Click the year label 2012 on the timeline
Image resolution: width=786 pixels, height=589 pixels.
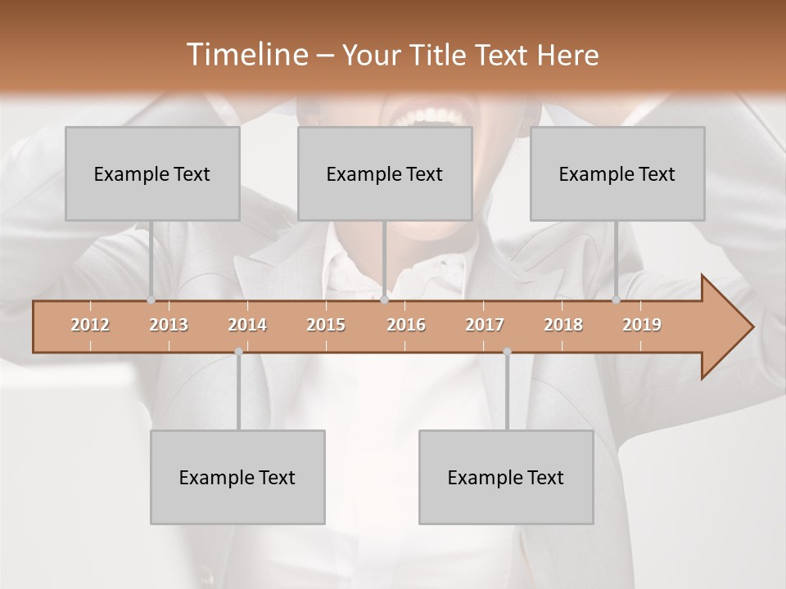tap(90, 325)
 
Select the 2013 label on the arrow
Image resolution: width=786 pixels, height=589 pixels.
tap(169, 325)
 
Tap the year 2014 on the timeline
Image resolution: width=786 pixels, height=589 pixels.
tap(247, 325)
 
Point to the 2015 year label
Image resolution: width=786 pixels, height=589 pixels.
tap(326, 325)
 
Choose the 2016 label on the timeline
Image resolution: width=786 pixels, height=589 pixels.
tap(406, 325)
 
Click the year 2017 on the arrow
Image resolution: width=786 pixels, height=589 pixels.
tap(485, 325)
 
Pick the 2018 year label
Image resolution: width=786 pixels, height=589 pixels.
tap(563, 325)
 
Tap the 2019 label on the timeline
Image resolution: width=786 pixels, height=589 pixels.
tap(642, 325)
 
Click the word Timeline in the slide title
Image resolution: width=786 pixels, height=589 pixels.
tap(246, 55)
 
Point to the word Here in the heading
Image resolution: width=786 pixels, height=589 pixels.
tap(568, 55)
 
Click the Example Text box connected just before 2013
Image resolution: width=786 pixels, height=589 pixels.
tap(152, 173)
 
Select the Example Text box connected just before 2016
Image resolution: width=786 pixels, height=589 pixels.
tap(385, 173)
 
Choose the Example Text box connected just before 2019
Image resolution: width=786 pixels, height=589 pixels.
tap(617, 173)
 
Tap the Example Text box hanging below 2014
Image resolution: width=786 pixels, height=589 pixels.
tap(237, 477)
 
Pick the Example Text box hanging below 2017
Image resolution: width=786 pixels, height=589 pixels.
tap(506, 477)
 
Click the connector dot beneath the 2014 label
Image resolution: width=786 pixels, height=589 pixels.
tap(238, 352)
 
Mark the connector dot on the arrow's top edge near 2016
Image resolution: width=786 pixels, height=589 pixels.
tap(385, 300)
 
